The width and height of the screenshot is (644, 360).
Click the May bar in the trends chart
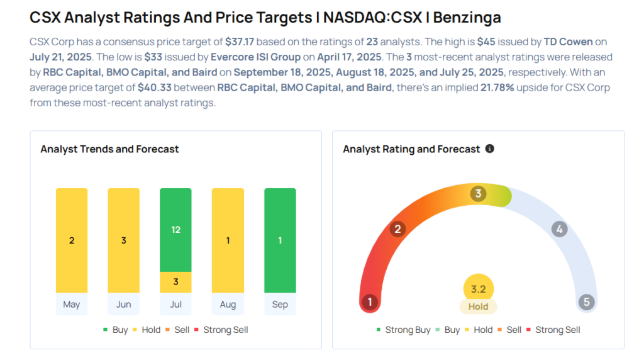(72, 240)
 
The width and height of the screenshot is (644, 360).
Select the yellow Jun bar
(124, 240)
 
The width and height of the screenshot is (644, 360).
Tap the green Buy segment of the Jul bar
(175, 230)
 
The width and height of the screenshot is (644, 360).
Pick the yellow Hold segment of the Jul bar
(175, 281)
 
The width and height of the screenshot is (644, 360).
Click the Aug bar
(228, 240)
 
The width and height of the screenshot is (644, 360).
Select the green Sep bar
(280, 240)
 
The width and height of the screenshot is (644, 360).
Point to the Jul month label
(175, 305)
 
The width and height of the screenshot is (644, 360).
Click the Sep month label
(280, 305)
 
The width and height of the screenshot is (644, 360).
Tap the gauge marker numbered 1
(370, 302)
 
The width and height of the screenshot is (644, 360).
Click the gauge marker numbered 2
(397, 229)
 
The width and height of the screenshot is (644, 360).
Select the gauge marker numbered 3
(478, 194)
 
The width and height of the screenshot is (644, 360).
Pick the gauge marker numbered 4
(559, 229)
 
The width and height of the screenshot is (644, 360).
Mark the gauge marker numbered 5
(586, 302)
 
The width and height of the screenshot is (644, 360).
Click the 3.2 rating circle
(478, 290)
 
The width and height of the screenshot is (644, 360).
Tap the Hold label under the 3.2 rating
(478, 307)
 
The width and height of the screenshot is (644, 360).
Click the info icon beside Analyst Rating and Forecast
(489, 149)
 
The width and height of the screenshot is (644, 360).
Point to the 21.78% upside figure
(496, 88)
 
